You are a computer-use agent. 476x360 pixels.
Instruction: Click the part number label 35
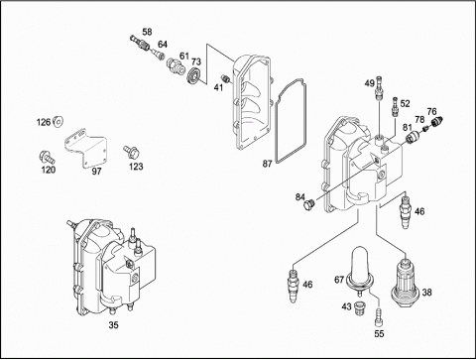tap(113, 325)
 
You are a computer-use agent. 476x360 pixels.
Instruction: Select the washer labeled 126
tap(59, 122)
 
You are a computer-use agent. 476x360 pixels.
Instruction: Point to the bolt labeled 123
tap(131, 152)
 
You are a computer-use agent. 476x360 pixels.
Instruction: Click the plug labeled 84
tap(309, 204)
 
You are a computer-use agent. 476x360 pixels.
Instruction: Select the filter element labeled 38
tap(406, 281)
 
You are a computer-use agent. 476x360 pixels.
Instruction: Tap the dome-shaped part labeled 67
tap(359, 270)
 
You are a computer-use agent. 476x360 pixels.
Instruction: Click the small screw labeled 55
tap(379, 316)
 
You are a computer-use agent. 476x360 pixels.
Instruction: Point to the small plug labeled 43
tap(359, 308)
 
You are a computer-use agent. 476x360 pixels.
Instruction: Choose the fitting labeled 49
tap(379, 86)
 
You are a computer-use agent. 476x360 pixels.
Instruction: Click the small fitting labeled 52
tap(395, 106)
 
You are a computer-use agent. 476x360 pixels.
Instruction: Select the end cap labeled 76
tap(436, 121)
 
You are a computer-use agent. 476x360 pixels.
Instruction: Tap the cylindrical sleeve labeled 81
tap(413, 137)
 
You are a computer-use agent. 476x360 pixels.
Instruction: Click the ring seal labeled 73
tap(193, 75)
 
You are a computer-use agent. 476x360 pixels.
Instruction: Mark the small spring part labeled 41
tap(225, 79)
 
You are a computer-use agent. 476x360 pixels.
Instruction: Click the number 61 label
tap(184, 56)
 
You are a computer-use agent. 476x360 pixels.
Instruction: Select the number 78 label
tap(419, 119)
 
